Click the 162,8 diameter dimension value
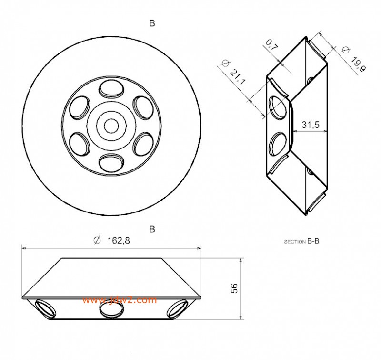117,241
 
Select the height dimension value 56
234,288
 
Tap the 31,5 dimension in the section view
311,125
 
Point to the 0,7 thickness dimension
272,46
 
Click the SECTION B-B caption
301,242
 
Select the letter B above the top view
152,23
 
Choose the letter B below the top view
152,229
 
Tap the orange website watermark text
119,300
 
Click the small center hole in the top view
111,126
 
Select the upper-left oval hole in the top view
78,107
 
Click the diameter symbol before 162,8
97,241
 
